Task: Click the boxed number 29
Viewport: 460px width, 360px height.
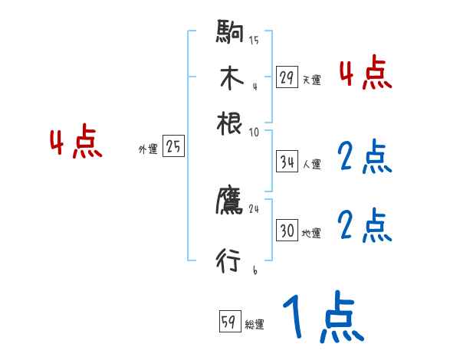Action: [287, 77]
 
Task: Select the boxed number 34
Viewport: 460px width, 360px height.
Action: [287, 162]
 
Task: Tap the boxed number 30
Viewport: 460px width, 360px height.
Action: [287, 231]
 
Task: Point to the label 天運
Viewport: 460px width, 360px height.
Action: [311, 80]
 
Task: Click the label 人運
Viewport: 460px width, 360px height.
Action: [311, 164]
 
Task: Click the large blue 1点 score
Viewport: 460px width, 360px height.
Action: [322, 316]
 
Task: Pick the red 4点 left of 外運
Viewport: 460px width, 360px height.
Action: [76, 143]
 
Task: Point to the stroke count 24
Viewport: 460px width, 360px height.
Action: [255, 209]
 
